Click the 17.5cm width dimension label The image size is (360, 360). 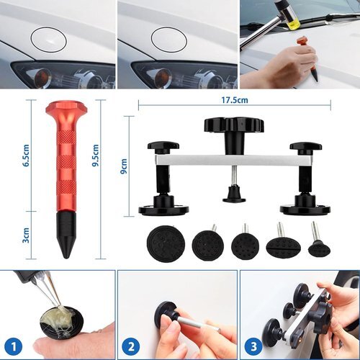pos(235,100)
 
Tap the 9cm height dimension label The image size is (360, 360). pos(124,166)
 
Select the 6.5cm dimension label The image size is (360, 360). pos(26,156)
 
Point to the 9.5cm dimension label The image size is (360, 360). pos(95,156)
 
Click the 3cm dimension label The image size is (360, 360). pos(26,235)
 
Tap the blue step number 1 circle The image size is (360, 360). pos(14,346)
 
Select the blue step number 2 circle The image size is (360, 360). pos(131,346)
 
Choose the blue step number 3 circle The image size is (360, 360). pos(253,346)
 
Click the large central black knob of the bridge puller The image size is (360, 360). pos(234,125)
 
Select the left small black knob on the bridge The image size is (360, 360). pos(163,145)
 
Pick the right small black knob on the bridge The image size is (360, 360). pos(306,145)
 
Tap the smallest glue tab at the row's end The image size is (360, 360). pos(319,249)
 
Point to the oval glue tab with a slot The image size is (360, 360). pos(281,247)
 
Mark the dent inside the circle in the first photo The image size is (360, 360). pos(51,41)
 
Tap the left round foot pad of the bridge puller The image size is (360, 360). pos(163,210)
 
